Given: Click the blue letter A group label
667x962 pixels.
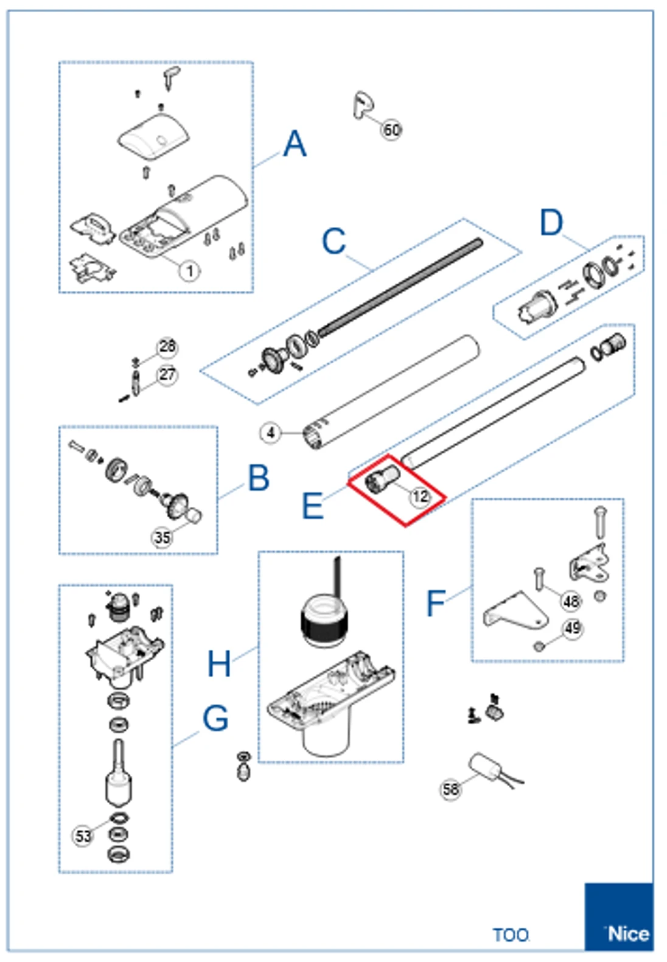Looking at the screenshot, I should click(295, 144).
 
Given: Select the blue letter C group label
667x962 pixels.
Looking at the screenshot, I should click(333, 241).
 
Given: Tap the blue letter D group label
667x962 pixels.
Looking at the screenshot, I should click(551, 223).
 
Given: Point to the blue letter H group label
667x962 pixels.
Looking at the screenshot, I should click(219, 663).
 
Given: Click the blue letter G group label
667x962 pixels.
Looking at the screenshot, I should click(215, 718).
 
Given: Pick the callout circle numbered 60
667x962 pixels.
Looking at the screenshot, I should click(391, 130).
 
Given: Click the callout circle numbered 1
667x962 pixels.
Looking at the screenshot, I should click(189, 270).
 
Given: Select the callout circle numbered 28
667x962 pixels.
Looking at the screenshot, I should click(167, 347).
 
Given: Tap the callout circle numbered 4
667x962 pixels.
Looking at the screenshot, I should click(270, 433).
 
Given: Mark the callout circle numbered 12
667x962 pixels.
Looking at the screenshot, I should click(421, 497).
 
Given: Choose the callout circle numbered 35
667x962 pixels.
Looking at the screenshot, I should click(162, 537).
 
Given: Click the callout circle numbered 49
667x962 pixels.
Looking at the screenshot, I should click(572, 627).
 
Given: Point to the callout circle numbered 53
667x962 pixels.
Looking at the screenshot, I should click(83, 835).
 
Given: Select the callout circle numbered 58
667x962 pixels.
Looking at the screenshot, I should click(450, 789).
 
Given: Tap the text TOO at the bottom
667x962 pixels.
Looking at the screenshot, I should click(510, 935).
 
